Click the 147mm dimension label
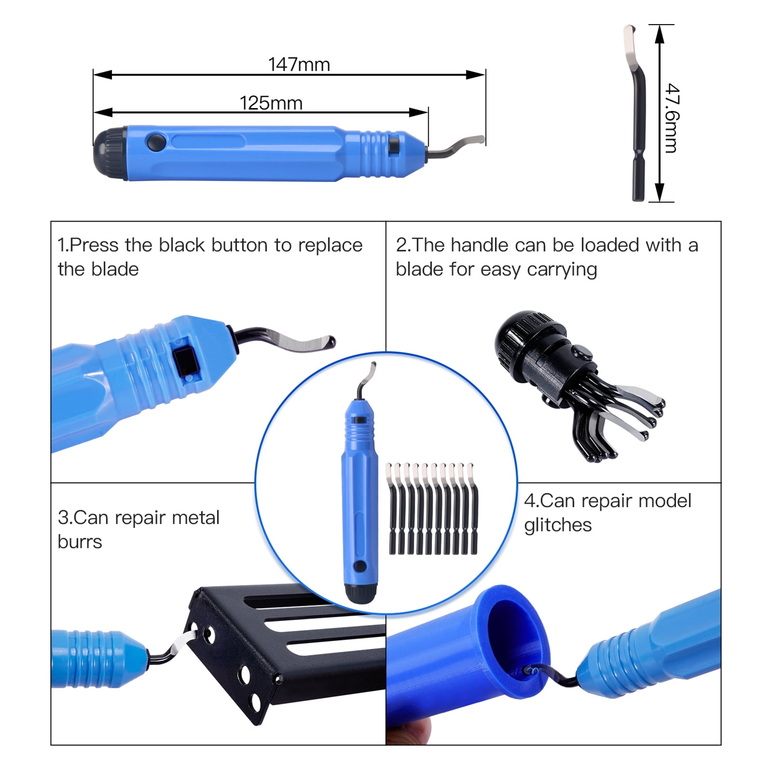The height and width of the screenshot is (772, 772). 299,64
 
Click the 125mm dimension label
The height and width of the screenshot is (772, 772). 271,103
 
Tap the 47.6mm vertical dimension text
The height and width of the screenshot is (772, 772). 672,118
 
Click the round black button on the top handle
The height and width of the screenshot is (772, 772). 156,142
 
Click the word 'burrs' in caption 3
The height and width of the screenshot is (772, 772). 80,542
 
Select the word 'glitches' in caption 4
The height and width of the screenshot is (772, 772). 557,525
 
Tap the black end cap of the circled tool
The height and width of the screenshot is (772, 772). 360,593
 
